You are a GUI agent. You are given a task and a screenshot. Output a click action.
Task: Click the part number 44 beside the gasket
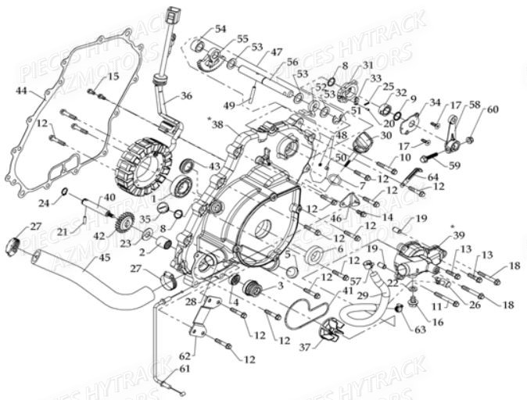[20, 92]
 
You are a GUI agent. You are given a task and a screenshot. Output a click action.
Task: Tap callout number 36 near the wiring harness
[185, 96]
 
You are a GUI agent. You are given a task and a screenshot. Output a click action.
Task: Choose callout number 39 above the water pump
[458, 236]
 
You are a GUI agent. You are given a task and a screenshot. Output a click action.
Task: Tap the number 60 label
[492, 109]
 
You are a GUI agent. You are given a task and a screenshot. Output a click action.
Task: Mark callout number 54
[220, 29]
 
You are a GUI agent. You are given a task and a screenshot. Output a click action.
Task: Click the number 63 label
[421, 329]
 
